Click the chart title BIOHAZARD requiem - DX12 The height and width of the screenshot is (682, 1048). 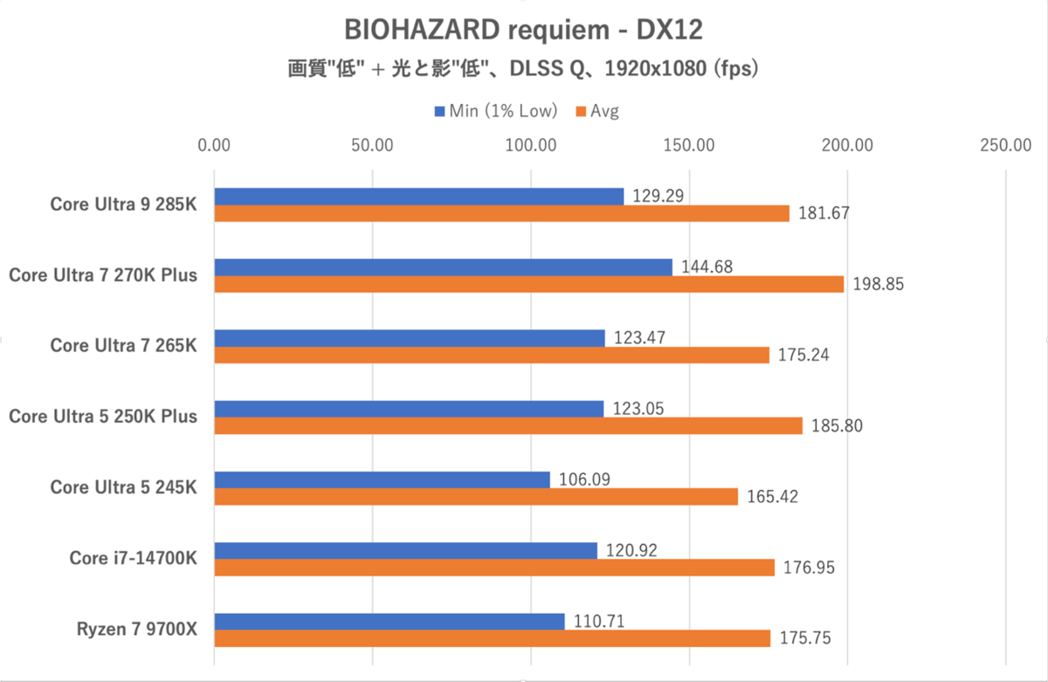tap(524, 29)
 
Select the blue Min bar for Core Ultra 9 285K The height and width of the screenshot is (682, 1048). tap(419, 196)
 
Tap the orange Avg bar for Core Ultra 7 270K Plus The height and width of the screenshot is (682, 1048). tap(529, 284)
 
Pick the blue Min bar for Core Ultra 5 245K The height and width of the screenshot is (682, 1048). tap(383, 479)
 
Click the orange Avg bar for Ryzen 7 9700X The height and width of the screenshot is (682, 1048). tap(493, 638)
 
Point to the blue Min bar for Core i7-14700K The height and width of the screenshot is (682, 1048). tap(406, 550)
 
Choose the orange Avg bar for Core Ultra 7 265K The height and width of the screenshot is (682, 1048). tap(492, 355)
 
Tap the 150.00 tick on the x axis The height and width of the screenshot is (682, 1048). tap(689, 145)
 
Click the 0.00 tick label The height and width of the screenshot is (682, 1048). tap(214, 145)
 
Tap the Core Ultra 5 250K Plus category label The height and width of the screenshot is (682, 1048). tap(103, 417)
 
